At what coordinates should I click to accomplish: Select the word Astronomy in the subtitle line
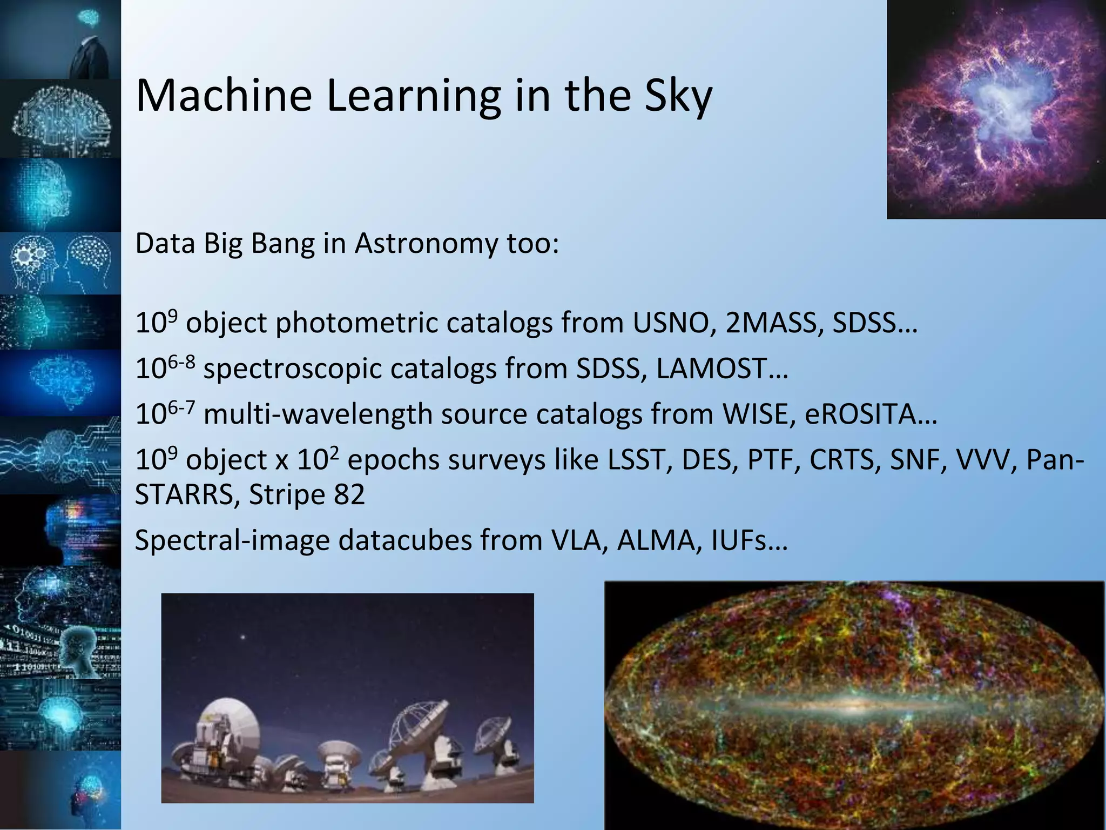coord(426,244)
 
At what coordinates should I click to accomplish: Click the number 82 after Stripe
coord(349,494)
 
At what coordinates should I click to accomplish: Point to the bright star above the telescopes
coord(243,638)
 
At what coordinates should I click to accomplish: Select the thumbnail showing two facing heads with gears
coord(60,263)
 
